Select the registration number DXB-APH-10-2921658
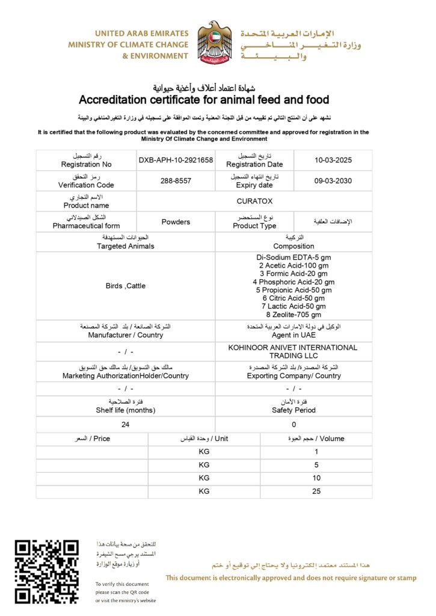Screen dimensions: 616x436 tap(176, 160)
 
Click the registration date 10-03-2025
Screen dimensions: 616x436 tap(333, 160)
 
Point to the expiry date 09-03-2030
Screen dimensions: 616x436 tap(333, 181)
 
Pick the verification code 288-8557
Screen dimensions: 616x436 tap(176, 181)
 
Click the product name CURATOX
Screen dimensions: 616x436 tap(254, 202)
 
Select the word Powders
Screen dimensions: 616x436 tap(176, 222)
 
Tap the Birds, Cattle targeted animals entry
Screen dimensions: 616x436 tap(126, 286)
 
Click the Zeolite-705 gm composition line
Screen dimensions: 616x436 tap(293, 315)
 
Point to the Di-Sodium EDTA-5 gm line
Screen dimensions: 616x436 tap(293, 257)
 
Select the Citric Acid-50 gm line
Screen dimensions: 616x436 tap(293, 298)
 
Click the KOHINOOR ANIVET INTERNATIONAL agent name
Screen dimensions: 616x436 tap(293, 348)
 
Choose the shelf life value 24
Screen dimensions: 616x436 tap(126, 424)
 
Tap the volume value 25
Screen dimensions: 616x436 tap(316, 491)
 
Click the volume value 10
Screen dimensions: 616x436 tap(316, 478)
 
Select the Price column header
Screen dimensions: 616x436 tap(92, 439)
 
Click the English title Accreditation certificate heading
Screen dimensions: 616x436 tap(204, 99)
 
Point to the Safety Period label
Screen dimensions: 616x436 tap(293, 410)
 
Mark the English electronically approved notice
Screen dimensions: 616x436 tap(291, 578)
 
